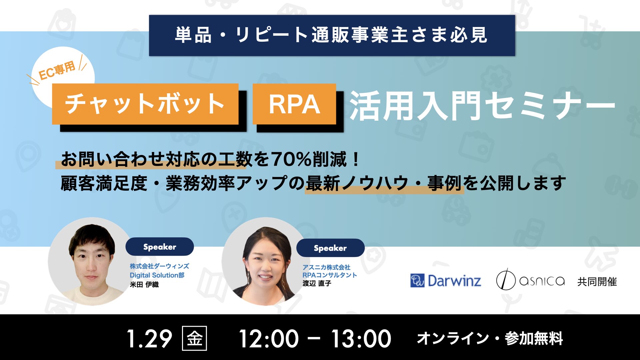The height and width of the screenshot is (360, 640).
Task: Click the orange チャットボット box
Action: coord(145,104)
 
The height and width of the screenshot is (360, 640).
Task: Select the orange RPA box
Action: coord(294,104)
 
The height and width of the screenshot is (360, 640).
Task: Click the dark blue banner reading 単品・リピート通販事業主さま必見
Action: coord(332,35)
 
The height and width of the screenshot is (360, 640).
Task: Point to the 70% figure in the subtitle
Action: coord(291,159)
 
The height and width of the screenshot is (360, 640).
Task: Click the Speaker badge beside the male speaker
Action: coord(160,247)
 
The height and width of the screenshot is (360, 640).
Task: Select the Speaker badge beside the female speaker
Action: coord(330,248)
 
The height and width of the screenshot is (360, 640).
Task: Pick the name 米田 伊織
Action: coord(144,285)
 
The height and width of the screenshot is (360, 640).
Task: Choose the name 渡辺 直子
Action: coord(317,283)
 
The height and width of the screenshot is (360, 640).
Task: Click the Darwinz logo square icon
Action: coord(417,280)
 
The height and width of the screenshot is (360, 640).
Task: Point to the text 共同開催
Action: coord(597,282)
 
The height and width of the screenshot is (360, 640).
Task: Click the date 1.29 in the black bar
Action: coord(149,339)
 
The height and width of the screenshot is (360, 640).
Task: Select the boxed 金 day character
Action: coord(195,338)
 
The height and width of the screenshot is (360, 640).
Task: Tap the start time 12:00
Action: coord(269,339)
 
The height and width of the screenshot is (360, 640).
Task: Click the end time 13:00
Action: coord(361,339)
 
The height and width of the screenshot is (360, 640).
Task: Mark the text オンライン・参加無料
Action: coord(490,338)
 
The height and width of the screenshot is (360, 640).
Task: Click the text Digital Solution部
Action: coord(157,275)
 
